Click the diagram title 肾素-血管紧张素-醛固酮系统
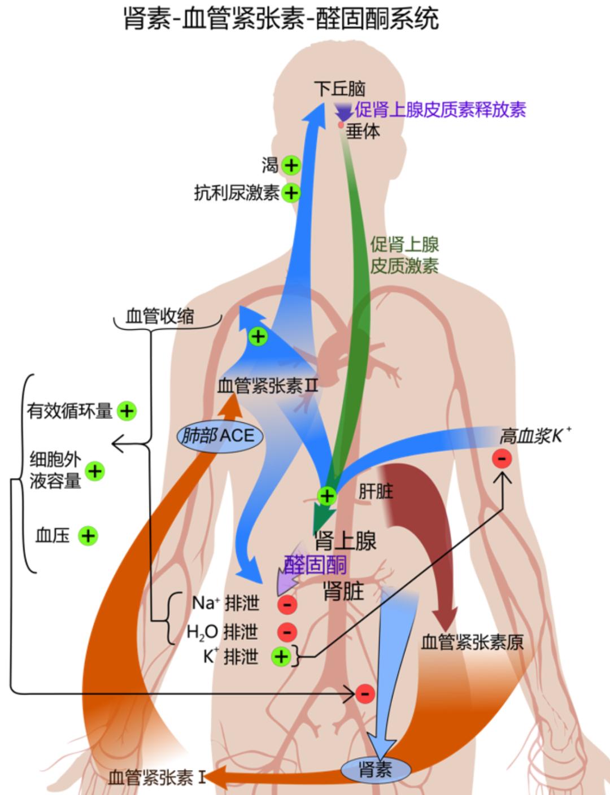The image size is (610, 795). [281, 19]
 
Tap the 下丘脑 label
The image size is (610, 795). [340, 89]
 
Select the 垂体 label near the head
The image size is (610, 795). [363, 131]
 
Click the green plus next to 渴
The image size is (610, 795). [291, 165]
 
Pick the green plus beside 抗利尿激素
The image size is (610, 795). [291, 193]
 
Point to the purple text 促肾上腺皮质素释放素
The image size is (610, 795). [440, 110]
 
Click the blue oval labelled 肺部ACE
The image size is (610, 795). [220, 436]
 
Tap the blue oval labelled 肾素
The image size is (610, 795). [375, 769]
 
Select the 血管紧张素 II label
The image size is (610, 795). [268, 387]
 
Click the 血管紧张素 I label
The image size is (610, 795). [157, 777]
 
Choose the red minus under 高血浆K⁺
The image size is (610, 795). [502, 458]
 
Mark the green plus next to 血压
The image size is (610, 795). [88, 535]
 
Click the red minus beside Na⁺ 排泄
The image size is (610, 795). [287, 604]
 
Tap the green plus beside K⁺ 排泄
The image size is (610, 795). [281, 656]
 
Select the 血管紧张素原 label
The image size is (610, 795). [472, 642]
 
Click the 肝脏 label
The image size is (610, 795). [376, 491]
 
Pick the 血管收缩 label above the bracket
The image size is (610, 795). [160, 316]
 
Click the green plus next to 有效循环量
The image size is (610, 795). [127, 411]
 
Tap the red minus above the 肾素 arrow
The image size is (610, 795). [364, 693]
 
